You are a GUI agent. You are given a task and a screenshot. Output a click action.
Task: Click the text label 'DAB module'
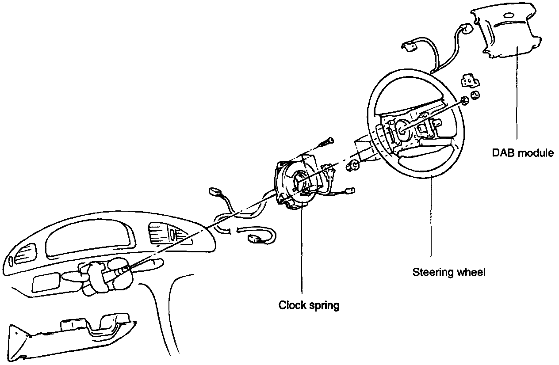[523, 153]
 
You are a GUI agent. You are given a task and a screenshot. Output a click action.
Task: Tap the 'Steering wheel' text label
[449, 272]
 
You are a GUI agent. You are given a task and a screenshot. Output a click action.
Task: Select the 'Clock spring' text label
[309, 305]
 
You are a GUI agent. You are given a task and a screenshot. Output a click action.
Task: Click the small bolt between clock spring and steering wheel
[352, 166]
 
